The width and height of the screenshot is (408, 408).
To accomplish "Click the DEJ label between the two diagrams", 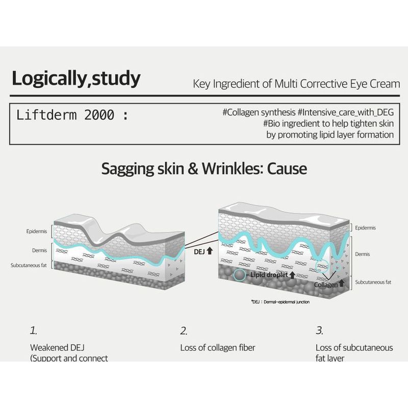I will pos(200,251).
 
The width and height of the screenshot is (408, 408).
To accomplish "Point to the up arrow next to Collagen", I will pos(342,284).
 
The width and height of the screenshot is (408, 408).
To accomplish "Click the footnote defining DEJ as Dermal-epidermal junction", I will pos(280,302).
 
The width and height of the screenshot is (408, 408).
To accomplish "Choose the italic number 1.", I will pos(33,330).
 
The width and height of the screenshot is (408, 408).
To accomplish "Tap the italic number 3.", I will pos(319,330).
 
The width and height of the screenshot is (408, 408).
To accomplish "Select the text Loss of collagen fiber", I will pos(218,348).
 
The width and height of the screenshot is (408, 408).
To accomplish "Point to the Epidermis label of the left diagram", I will pos(37,231).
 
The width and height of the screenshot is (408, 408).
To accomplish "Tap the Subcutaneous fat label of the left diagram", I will pos(30,266).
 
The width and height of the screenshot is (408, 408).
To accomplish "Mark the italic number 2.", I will pos(184,330).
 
